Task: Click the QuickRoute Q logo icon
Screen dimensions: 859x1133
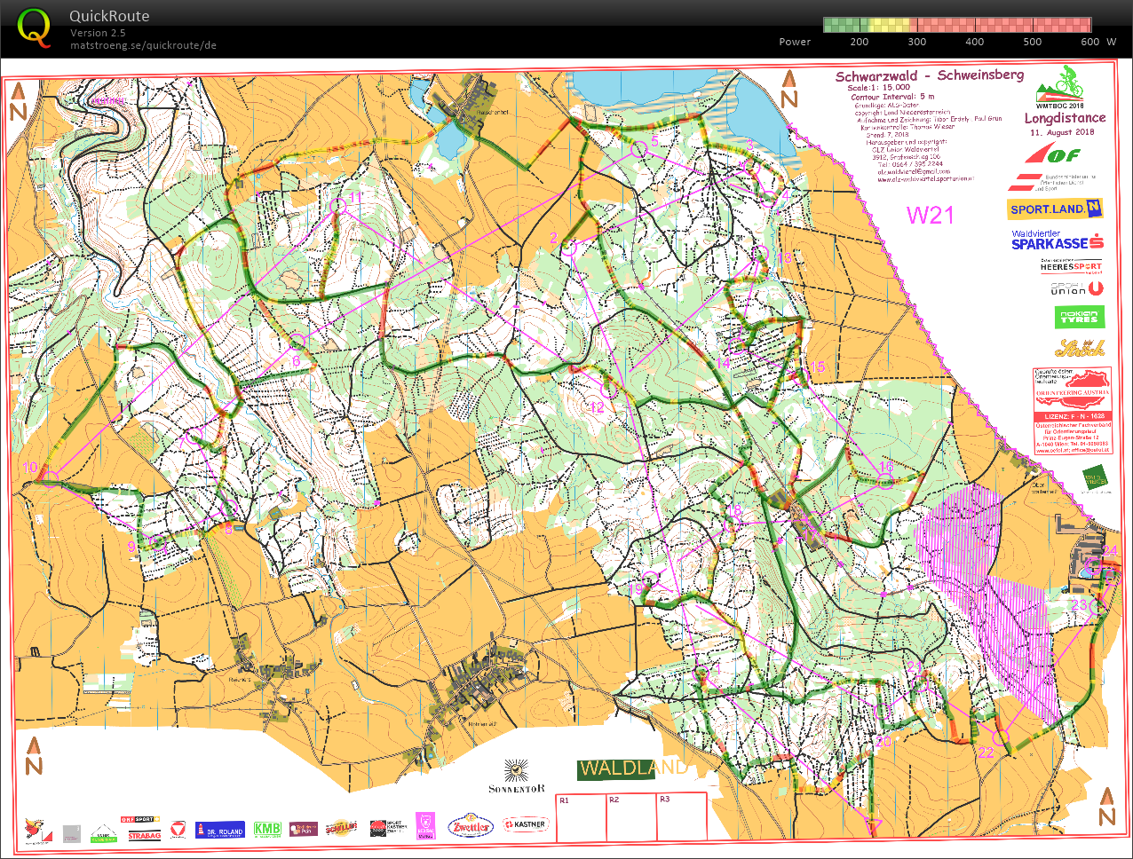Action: [x=35, y=27]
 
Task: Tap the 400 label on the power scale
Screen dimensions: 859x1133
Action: [x=974, y=42]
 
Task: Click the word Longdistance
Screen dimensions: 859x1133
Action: [x=1065, y=118]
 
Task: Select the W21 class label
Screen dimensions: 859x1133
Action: [x=930, y=215]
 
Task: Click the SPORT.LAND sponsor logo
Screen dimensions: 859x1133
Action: [x=1055, y=209]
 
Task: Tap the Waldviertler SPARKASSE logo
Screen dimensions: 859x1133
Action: [x=1057, y=240]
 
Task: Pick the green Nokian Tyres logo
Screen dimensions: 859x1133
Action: [x=1080, y=317]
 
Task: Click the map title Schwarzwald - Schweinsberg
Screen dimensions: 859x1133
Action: [x=929, y=75]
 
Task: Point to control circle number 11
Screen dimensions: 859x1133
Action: [x=337, y=206]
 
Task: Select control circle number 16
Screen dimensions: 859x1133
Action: [x=885, y=481]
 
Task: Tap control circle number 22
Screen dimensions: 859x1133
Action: [x=1002, y=737]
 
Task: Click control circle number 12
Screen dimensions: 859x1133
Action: [x=609, y=389]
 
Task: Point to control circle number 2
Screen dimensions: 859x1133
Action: [x=569, y=248]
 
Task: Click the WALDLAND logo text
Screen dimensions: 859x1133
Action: [x=632, y=768]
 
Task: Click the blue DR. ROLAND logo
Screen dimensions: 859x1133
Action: [x=219, y=830]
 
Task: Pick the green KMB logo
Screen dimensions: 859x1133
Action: [x=267, y=829]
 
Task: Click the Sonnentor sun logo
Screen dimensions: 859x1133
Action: [x=516, y=769]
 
